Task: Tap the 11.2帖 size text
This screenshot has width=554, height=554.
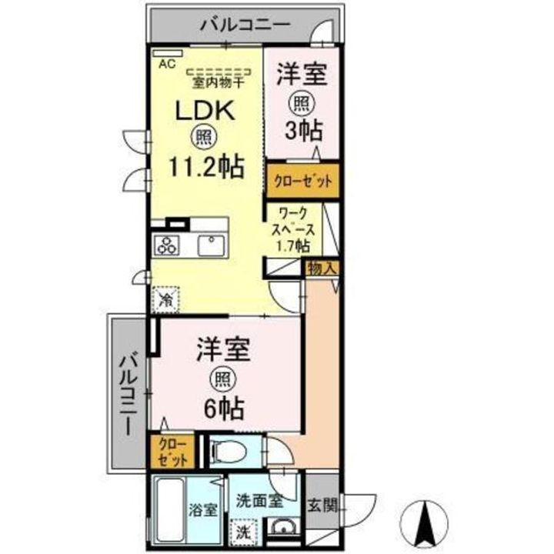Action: pos(208,165)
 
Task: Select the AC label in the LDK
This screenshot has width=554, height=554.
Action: pos(167,65)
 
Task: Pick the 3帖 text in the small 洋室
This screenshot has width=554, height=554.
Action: pos(303,130)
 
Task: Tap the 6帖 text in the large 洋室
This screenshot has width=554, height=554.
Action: pos(223,407)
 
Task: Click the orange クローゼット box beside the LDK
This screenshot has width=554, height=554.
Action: pos(303,182)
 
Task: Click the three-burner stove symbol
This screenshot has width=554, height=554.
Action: pos(168,245)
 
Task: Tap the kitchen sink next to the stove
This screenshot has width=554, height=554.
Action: pos(209,245)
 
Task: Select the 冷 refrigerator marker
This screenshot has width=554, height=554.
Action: pos(166,299)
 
